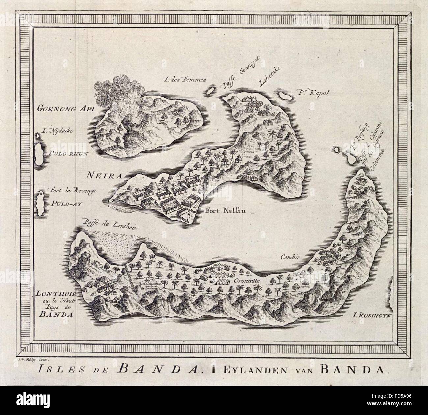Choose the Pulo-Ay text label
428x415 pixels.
(66, 203)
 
